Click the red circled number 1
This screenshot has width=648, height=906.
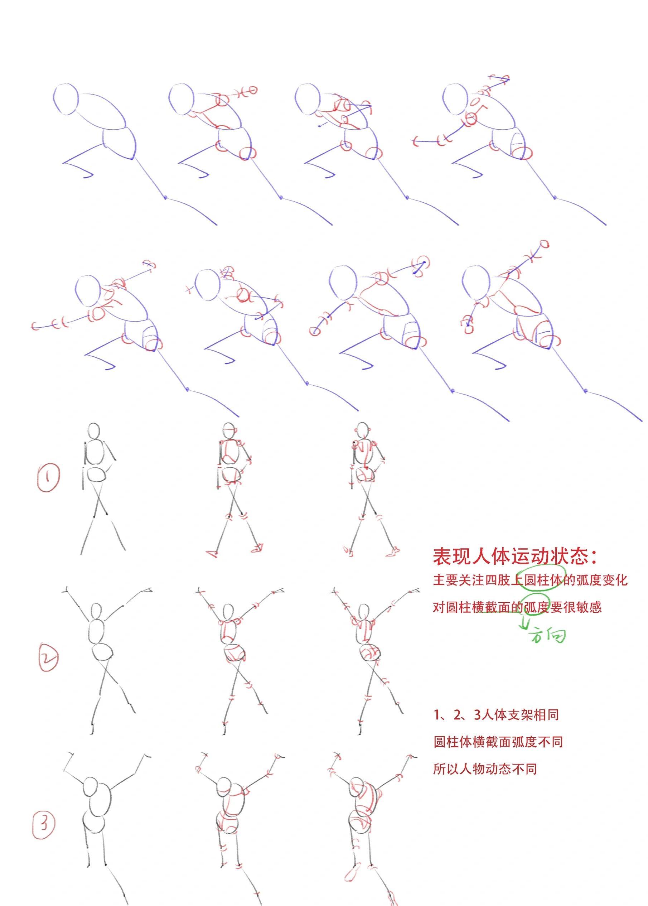pyautogui.click(x=48, y=477)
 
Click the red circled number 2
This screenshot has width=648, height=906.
pyautogui.click(x=48, y=659)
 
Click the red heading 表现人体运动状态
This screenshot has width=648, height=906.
pyautogui.click(x=515, y=556)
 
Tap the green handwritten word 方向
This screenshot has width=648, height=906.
pyautogui.click(x=548, y=635)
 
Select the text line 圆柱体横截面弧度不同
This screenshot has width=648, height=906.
pyautogui.click(x=498, y=742)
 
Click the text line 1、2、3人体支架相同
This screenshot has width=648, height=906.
pyautogui.click(x=496, y=714)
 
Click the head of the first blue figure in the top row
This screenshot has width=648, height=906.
pyautogui.click(x=66, y=100)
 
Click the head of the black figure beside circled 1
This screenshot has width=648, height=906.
pyautogui.click(x=93, y=431)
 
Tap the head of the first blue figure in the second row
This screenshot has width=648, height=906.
pyautogui.click(x=88, y=290)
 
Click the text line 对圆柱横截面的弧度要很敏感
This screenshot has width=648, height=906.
pyautogui.click(x=517, y=607)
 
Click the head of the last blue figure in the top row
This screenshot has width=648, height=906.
pyautogui.click(x=456, y=100)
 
